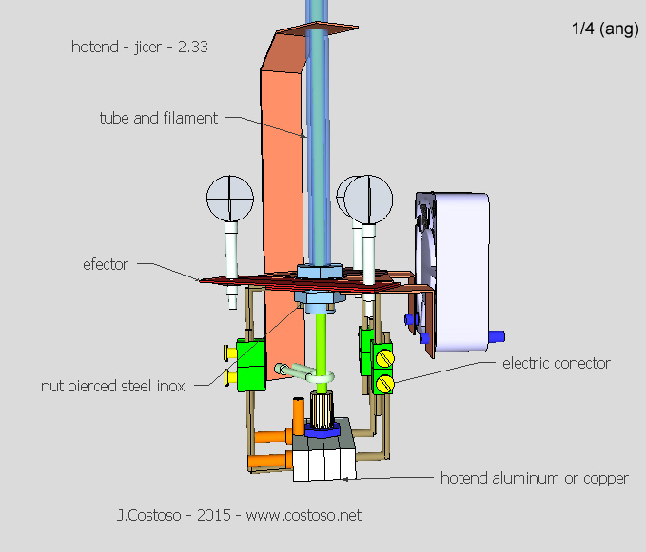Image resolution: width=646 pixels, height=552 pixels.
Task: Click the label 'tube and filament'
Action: [159, 119]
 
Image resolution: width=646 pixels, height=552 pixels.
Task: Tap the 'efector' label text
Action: [106, 265]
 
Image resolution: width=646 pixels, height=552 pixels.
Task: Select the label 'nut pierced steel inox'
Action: [113, 386]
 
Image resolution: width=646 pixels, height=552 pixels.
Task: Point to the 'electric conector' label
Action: [557, 363]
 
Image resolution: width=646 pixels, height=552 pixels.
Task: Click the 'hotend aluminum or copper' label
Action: [534, 478]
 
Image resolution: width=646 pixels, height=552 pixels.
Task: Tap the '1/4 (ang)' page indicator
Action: [604, 29]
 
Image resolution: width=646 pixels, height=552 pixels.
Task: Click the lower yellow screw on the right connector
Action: [385, 383]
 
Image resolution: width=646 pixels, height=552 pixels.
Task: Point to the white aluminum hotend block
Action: [323, 465]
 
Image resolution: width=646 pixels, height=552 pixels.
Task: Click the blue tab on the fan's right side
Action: [497, 335]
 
